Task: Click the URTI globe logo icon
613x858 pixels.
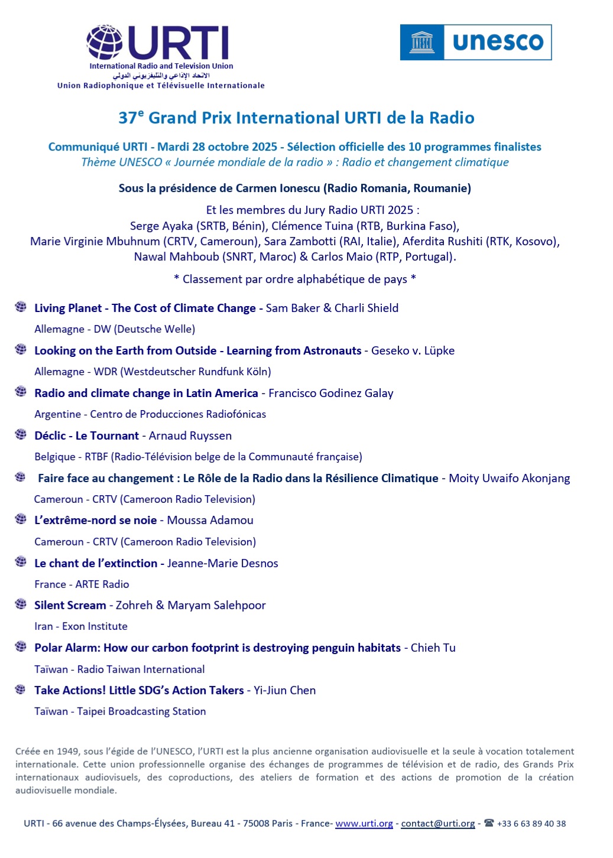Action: [x=105, y=43]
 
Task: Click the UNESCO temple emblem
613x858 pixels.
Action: [x=421, y=43]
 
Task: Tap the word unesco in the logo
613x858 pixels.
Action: [x=498, y=42]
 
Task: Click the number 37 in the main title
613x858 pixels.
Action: [x=128, y=118]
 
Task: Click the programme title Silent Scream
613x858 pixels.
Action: [x=70, y=606]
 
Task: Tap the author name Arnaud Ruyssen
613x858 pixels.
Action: [x=190, y=436]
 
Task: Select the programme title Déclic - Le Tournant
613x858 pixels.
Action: [x=86, y=436]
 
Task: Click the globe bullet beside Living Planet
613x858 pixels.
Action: [x=21, y=307]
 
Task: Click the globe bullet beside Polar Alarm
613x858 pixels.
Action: [x=21, y=646]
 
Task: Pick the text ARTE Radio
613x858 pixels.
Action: [x=102, y=584]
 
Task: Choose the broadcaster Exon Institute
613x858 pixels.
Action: [x=95, y=626]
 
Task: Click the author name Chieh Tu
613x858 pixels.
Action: [x=433, y=648]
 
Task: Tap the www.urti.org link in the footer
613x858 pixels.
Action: [x=364, y=824]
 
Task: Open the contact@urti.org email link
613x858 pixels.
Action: [x=438, y=824]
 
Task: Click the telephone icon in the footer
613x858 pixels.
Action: [x=489, y=823]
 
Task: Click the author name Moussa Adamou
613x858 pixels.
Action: [x=210, y=521]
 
